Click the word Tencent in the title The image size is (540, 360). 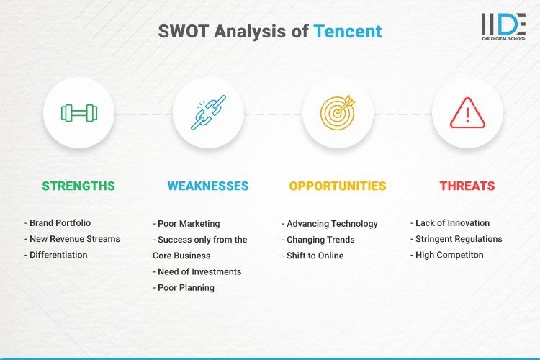click(347, 32)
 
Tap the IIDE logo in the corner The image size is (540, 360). click(503, 25)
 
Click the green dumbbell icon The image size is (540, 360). click(78, 113)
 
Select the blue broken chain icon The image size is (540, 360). click(208, 113)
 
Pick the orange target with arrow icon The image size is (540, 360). click(338, 113)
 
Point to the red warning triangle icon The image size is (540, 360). click(467, 113)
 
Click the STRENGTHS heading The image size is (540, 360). click(78, 186)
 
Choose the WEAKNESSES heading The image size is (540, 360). click(208, 186)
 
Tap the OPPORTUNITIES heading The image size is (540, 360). click(338, 186)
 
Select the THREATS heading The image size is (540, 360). click(467, 186)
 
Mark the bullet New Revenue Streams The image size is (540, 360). click(72, 239)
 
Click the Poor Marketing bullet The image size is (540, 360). click(186, 223)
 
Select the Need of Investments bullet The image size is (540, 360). click(197, 271)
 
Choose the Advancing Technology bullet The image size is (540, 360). click(329, 223)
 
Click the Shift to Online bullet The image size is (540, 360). click(312, 255)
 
